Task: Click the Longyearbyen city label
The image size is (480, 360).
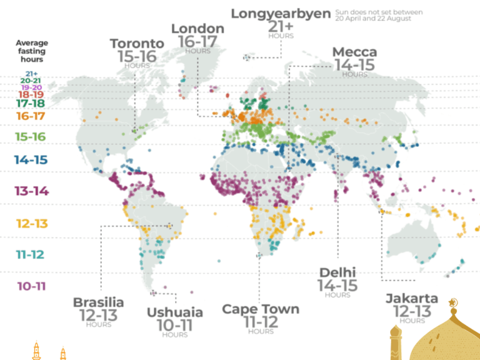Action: [x=281, y=13]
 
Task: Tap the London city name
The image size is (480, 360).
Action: [x=197, y=29]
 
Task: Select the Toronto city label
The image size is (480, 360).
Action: [x=137, y=44]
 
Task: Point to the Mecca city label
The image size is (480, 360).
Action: [x=355, y=52]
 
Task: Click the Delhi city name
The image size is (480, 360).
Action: [x=337, y=272]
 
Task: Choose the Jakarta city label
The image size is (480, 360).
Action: [x=411, y=298]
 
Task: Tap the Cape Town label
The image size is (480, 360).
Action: [x=261, y=309]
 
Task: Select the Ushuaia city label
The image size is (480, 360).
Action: [x=174, y=312]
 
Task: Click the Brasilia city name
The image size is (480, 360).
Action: [x=98, y=302]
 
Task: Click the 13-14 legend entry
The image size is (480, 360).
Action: [x=31, y=191]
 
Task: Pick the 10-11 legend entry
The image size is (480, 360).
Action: [x=31, y=286]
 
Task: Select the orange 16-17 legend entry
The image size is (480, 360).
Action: [x=31, y=116]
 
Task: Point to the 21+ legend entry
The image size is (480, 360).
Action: [x=31, y=73]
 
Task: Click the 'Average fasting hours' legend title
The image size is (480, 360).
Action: [x=31, y=51]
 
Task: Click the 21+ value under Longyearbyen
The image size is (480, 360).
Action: [x=281, y=26]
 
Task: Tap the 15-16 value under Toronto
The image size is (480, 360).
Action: [x=137, y=56]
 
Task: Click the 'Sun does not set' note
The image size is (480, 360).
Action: [x=379, y=16]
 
